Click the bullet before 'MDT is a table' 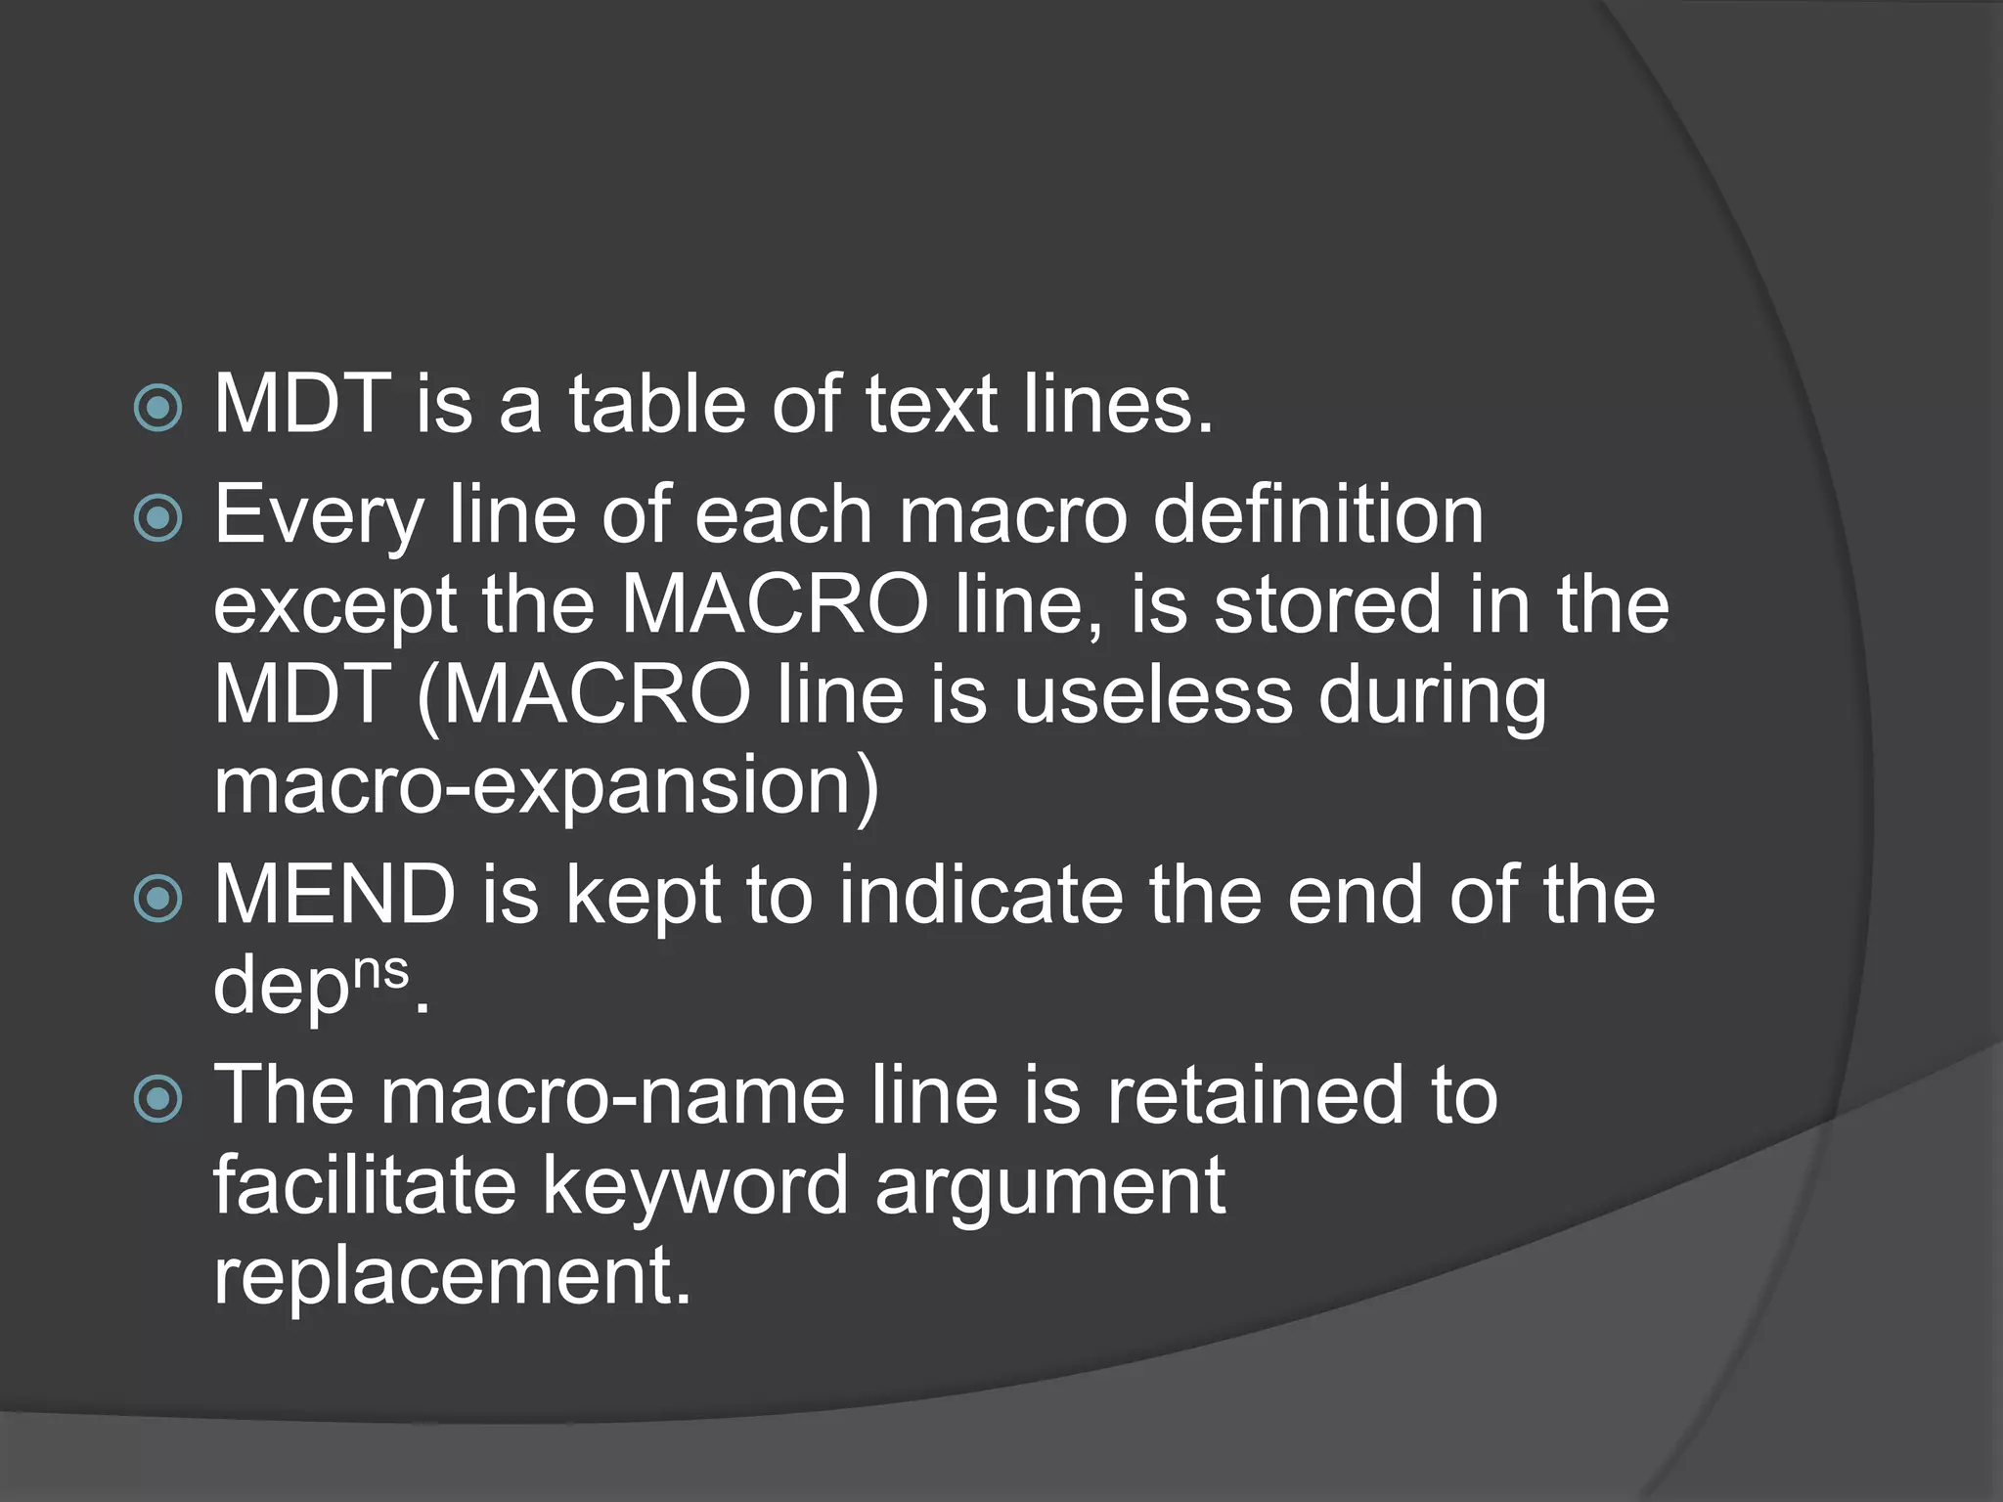point(157,408)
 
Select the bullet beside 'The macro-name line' point(157,1098)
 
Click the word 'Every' point(319,516)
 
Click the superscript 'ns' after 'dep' point(380,972)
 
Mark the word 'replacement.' point(453,1276)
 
